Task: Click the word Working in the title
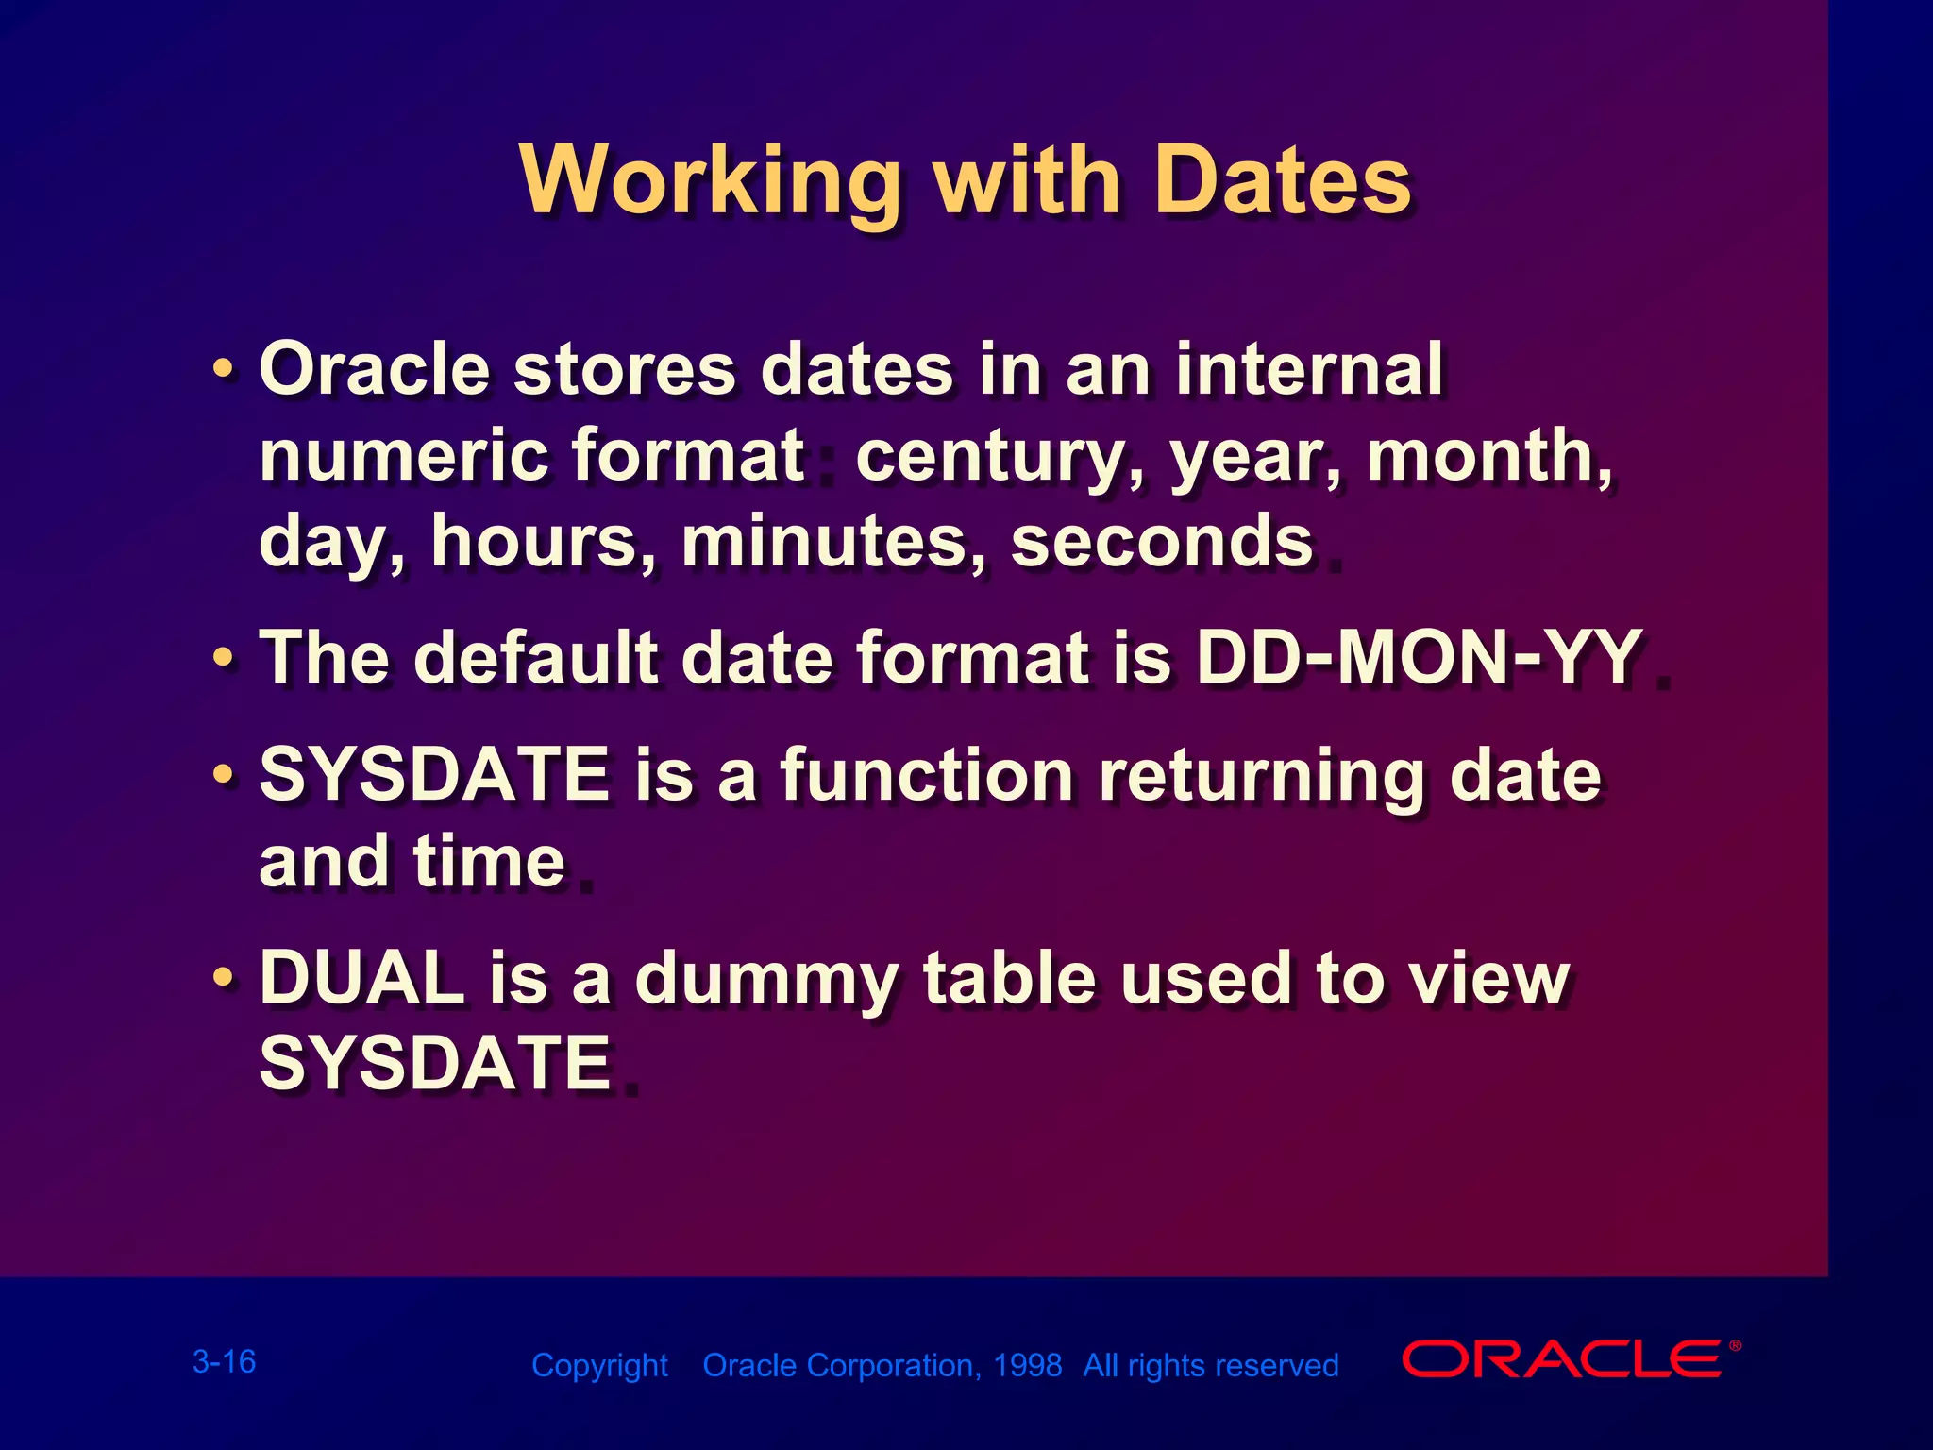point(709,181)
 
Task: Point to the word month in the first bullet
point(1482,455)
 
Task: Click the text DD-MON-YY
point(1419,657)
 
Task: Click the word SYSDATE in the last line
point(435,1062)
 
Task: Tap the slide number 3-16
point(224,1361)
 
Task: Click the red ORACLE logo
point(1563,1359)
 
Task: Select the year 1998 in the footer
point(1027,1365)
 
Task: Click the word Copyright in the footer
point(599,1366)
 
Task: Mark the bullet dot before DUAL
point(223,978)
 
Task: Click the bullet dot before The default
point(223,656)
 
